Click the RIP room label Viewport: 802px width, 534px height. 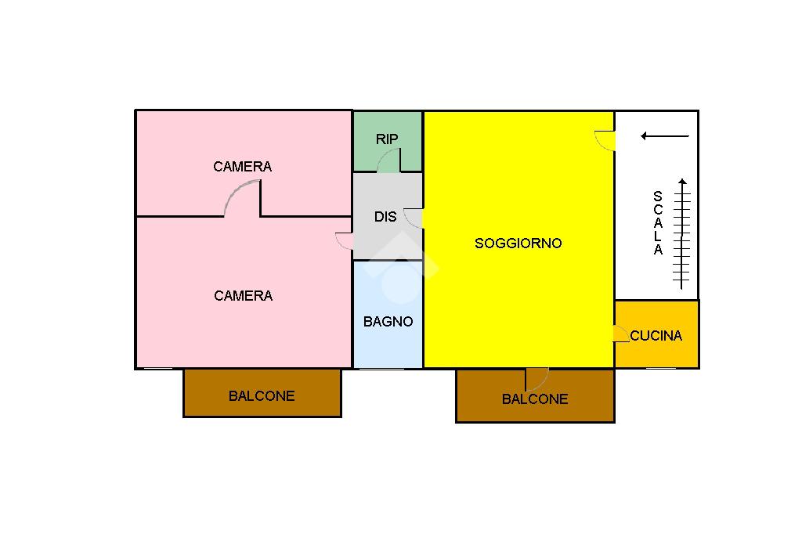click(x=387, y=139)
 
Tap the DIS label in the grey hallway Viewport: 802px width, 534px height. click(x=385, y=217)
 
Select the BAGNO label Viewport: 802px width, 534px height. click(x=388, y=321)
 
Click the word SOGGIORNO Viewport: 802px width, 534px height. click(x=518, y=244)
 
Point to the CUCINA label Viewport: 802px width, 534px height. click(x=656, y=336)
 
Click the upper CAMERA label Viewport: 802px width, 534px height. click(x=243, y=167)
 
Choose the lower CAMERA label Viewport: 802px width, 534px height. click(x=244, y=296)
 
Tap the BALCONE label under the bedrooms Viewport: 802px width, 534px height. click(x=262, y=396)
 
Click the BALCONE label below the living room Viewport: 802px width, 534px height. click(x=535, y=399)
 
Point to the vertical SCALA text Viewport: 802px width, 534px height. click(x=658, y=223)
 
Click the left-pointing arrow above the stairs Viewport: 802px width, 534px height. click(x=664, y=136)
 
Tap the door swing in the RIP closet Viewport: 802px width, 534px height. click(x=388, y=161)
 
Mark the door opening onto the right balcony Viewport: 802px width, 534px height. click(x=536, y=378)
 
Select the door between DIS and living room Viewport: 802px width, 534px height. click(x=414, y=218)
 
